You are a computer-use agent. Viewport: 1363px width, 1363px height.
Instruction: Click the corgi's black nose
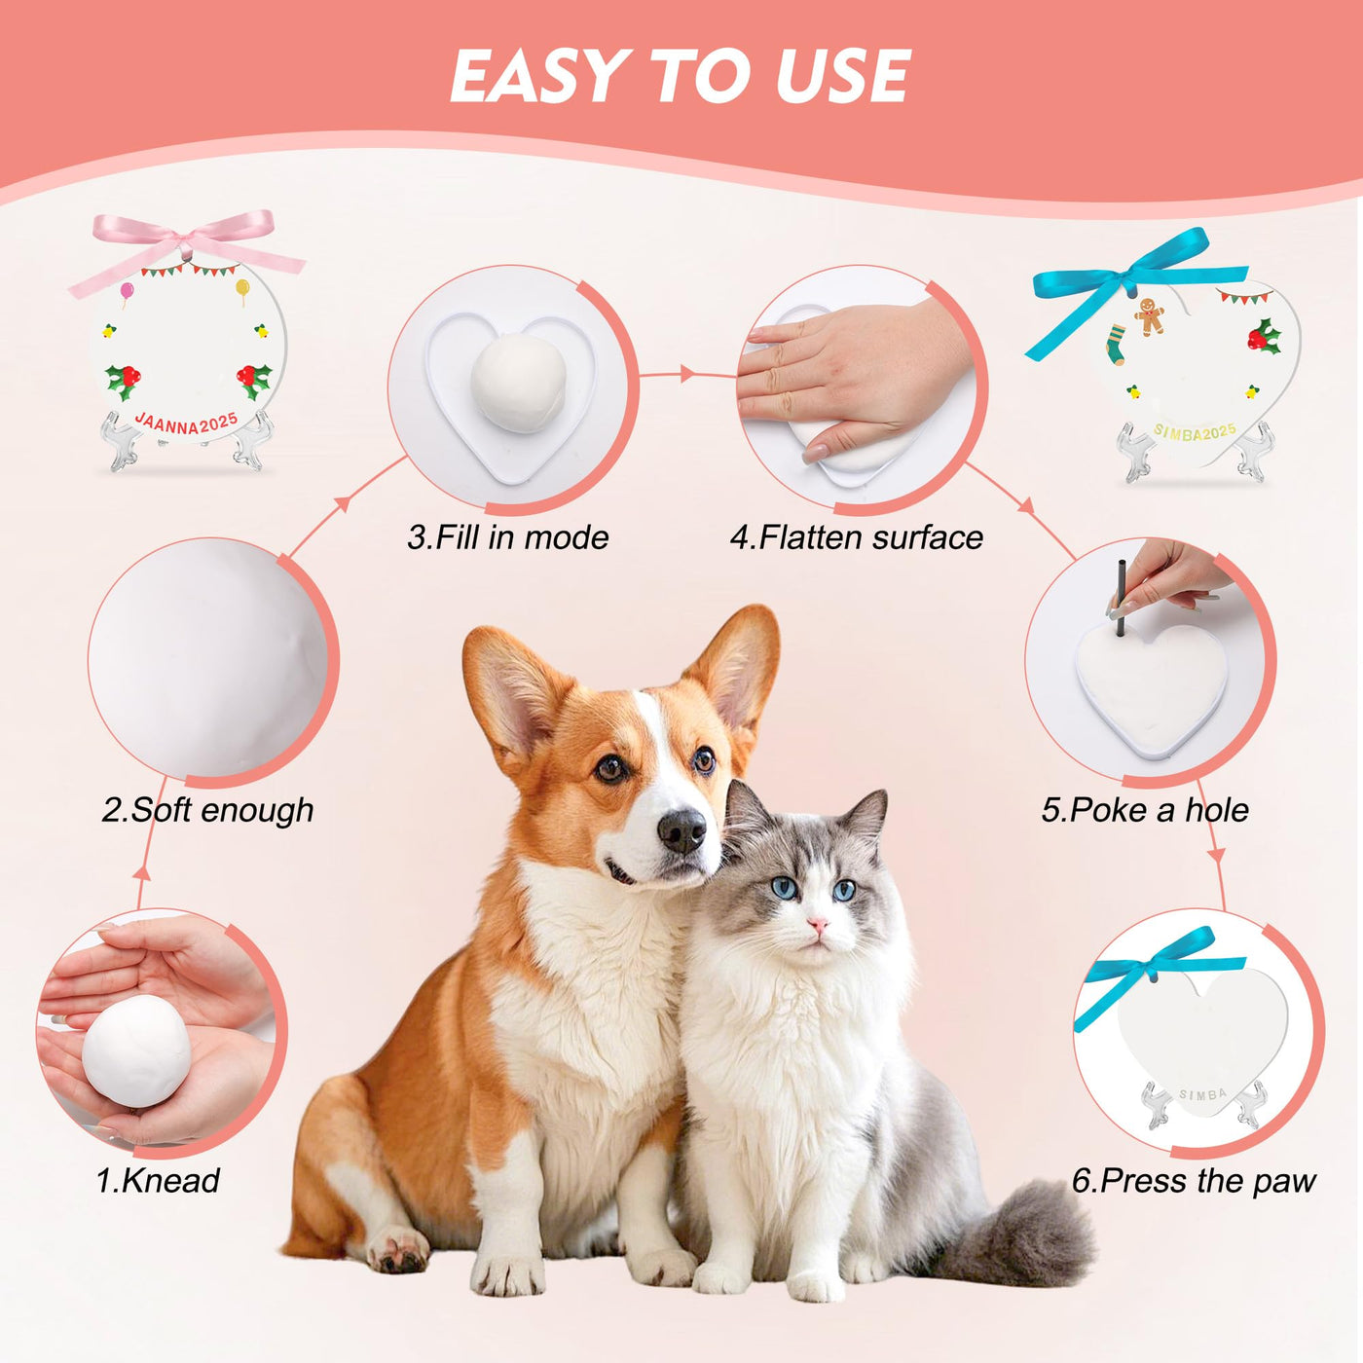(x=681, y=829)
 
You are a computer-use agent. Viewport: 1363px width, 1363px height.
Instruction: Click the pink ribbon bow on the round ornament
(x=187, y=248)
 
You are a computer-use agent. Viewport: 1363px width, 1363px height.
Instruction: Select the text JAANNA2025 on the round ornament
(x=186, y=424)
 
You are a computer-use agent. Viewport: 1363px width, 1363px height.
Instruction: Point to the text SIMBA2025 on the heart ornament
(x=1195, y=431)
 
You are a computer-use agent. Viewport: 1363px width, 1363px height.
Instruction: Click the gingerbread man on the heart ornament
(x=1150, y=315)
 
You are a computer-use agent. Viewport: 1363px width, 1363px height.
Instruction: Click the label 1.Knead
(x=158, y=1181)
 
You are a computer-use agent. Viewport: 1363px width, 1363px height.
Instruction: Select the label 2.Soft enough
(x=207, y=810)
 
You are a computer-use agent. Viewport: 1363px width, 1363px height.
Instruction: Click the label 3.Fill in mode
(x=508, y=537)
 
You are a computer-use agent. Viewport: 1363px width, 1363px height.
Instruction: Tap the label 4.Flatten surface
(x=857, y=537)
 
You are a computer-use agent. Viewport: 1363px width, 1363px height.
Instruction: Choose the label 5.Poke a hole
(x=1145, y=810)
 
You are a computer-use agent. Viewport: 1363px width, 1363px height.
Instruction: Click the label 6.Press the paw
(x=1194, y=1181)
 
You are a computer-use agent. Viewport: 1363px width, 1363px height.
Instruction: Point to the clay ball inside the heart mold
(x=519, y=383)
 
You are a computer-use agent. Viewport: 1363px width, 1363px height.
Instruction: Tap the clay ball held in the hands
(x=136, y=1051)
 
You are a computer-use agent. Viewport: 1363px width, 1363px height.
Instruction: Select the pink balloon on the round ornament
(x=127, y=291)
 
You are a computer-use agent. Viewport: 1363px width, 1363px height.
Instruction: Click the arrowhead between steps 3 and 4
(x=686, y=374)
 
